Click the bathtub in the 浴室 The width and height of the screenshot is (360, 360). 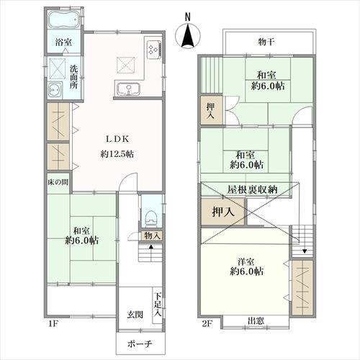click(64, 19)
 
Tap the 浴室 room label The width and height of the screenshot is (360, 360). click(63, 42)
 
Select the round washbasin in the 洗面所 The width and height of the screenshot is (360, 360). click(55, 90)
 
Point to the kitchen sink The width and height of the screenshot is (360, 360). click(128, 89)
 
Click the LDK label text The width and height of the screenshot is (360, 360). click(118, 139)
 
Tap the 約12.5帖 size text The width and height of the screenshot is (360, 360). click(117, 153)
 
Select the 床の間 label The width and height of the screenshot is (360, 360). click(58, 182)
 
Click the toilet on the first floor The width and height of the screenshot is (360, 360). click(151, 218)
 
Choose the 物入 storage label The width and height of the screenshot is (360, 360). click(152, 235)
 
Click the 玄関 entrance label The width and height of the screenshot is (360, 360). click(135, 315)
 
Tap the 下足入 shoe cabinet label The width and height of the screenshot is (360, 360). click(158, 305)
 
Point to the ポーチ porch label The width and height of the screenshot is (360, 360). click(140, 344)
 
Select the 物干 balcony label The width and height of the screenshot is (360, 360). click(266, 42)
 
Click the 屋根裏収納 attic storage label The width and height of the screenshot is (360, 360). click(253, 189)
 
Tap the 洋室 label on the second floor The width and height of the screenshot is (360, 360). click(246, 261)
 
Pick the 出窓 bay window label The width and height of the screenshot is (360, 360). click(256, 321)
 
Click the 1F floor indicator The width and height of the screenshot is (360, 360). click(53, 324)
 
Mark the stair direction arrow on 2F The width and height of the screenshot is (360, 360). click(305, 251)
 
